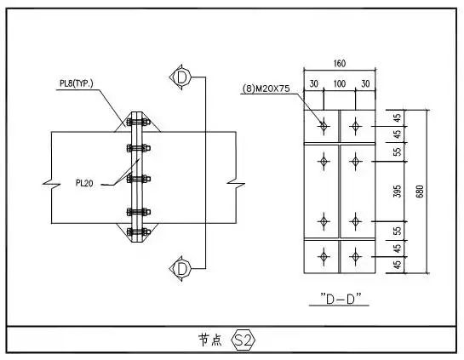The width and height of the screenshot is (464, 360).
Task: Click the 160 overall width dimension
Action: click(x=340, y=63)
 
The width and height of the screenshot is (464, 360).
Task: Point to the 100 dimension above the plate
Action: click(x=339, y=84)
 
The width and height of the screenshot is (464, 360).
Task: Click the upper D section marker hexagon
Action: click(x=180, y=77)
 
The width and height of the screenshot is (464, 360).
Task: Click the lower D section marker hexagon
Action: click(x=180, y=269)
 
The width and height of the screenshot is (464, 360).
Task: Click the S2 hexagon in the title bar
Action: click(x=243, y=340)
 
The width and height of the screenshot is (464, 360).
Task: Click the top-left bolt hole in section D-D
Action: click(x=324, y=127)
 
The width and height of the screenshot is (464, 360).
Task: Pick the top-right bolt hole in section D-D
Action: click(x=354, y=127)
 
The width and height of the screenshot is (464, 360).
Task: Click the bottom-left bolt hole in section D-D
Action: click(x=324, y=254)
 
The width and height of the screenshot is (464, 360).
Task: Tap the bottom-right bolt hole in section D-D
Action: click(x=354, y=254)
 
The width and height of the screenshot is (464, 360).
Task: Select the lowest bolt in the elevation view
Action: click(x=137, y=231)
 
